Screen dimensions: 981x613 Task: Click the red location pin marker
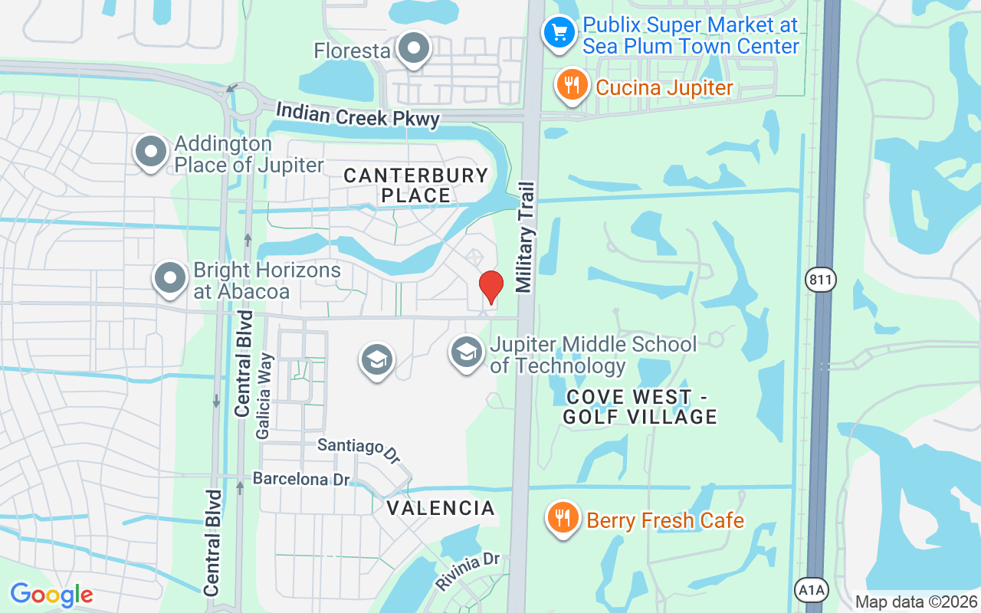click(490, 287)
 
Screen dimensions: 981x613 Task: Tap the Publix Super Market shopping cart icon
click(559, 32)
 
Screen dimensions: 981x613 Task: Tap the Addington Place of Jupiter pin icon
click(151, 151)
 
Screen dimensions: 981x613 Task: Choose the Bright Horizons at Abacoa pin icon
click(170, 278)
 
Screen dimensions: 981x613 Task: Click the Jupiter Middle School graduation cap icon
click(466, 353)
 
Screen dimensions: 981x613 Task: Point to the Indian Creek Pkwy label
click(357, 115)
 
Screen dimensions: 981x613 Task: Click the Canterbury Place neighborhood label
click(415, 185)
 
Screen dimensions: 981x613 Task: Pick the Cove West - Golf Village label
click(640, 407)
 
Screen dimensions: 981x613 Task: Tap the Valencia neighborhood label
click(440, 508)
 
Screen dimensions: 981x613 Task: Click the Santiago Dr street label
click(359, 450)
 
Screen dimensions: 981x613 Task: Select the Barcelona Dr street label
click(301, 479)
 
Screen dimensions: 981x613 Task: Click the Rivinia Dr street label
click(468, 572)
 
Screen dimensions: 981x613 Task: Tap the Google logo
click(51, 595)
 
